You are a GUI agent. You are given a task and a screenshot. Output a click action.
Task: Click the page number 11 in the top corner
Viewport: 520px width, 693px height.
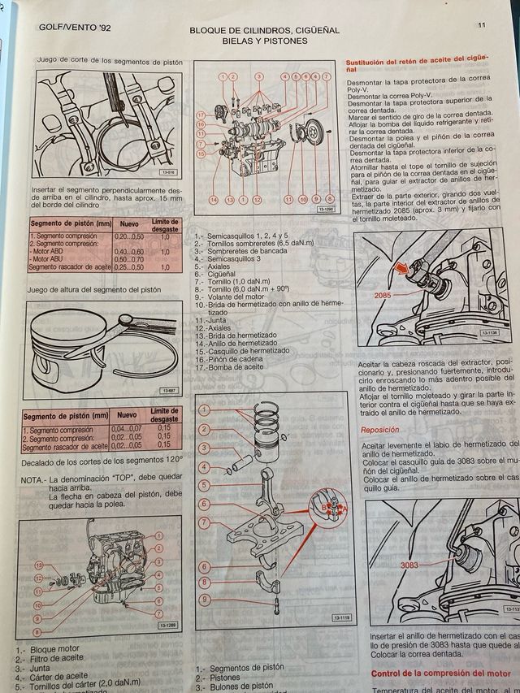point(482,25)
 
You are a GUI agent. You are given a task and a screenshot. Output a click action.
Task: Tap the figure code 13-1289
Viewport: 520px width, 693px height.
point(169,626)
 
